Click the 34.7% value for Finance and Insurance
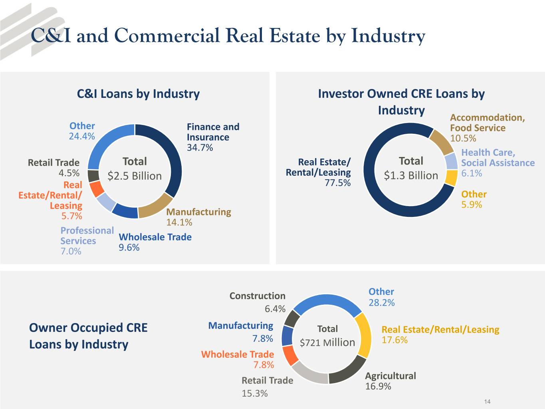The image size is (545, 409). [200, 147]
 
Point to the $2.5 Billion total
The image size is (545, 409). [135, 176]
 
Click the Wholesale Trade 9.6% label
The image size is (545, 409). [155, 242]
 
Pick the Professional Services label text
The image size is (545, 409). [87, 236]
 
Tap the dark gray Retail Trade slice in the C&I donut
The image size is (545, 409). [93, 176]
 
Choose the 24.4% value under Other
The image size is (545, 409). [82, 136]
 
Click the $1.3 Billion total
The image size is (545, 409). [411, 175]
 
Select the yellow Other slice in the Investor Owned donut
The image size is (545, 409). [451, 178]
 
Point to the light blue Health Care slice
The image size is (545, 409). [451, 161]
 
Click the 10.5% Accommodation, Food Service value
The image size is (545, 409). [463, 138]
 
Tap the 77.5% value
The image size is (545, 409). [337, 183]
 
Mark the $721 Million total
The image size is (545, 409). [327, 342]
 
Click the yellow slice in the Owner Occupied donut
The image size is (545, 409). [363, 335]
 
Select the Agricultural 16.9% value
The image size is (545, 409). [378, 386]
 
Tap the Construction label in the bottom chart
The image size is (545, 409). [257, 296]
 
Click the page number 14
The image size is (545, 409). [487, 401]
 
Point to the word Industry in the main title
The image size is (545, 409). [388, 36]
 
